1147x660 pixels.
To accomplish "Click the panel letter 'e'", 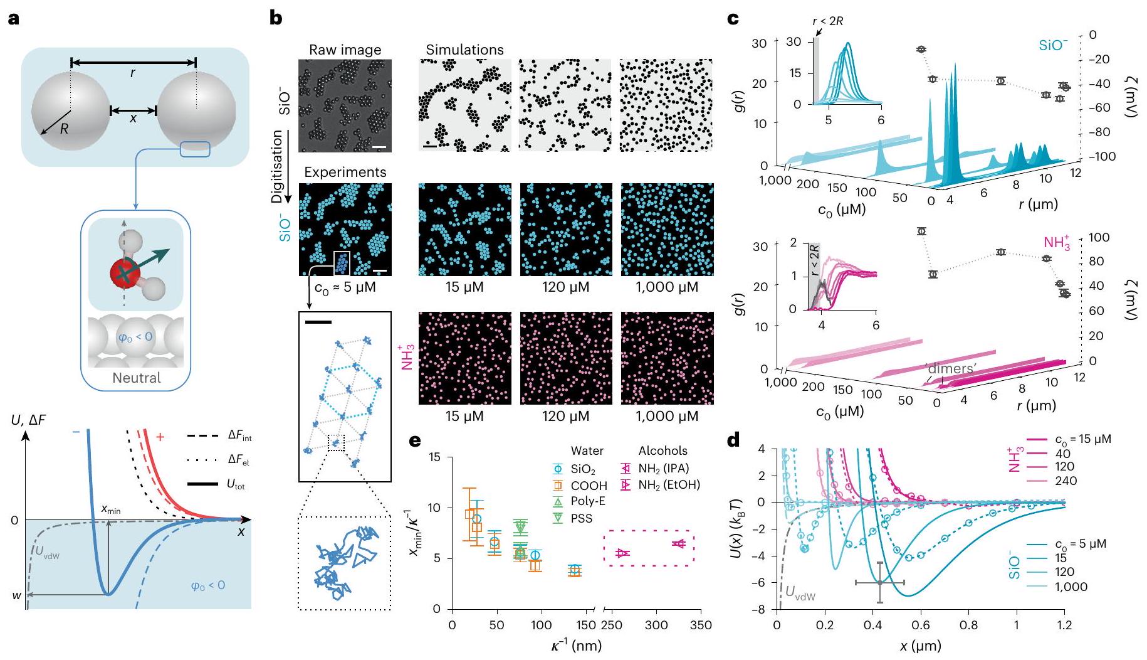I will pyautogui.click(x=414, y=441).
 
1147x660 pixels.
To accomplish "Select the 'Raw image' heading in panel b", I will pyautogui.click(x=345, y=50).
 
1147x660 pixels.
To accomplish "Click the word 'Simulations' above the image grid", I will pyautogui.click(x=464, y=50).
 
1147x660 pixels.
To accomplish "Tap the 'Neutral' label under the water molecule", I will pyautogui.click(x=136, y=378).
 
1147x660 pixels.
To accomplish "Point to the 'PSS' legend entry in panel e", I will pyautogui.click(x=582, y=518).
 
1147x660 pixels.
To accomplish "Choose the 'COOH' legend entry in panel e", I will pyautogui.click(x=589, y=486).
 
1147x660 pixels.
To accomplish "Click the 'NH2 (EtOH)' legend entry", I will pyautogui.click(x=669, y=484).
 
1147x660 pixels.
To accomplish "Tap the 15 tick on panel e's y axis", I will pyautogui.click(x=436, y=457).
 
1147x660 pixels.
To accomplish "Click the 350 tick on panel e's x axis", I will pyautogui.click(x=700, y=625).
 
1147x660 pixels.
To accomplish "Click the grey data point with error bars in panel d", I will pyautogui.click(x=880, y=583).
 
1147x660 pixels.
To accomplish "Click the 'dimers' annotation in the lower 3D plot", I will pyautogui.click(x=951, y=369).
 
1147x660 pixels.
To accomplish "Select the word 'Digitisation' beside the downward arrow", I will pyautogui.click(x=277, y=168).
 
